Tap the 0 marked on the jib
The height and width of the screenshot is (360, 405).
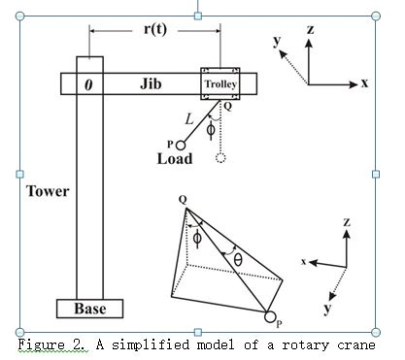[x=88, y=84]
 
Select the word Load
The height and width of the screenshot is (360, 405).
[x=175, y=158]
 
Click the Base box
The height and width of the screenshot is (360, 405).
[x=102, y=309]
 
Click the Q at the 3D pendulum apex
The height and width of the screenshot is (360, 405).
[x=183, y=201]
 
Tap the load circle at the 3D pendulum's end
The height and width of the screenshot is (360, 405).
[x=269, y=317]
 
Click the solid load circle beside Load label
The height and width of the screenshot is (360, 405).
[x=181, y=145]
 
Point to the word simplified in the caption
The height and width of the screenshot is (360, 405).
[x=133, y=345]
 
